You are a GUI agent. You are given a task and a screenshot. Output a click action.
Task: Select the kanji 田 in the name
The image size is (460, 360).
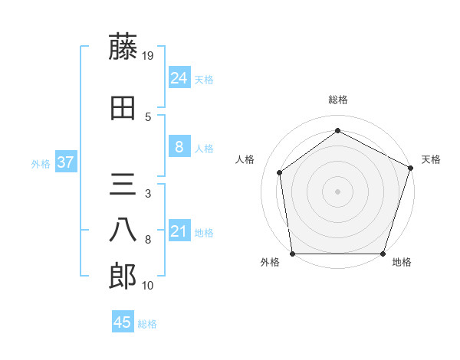(x=123, y=108)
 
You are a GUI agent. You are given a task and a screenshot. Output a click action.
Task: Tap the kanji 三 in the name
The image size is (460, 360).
(x=123, y=185)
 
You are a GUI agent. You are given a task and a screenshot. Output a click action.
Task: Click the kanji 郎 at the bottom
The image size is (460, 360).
(x=123, y=277)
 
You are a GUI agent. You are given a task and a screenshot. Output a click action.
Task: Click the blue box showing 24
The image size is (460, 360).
(x=179, y=77)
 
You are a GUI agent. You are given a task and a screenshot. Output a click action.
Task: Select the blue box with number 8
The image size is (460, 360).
(x=179, y=147)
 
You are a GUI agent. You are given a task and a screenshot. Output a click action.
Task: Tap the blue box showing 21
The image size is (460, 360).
(x=179, y=231)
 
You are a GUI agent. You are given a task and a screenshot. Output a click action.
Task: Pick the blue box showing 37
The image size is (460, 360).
(x=66, y=162)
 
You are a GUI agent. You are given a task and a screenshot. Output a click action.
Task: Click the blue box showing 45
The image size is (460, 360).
(x=123, y=322)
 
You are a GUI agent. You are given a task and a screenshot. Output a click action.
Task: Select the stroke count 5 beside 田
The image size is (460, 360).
(x=148, y=116)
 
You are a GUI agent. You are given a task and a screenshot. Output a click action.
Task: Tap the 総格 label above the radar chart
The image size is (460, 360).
(x=337, y=100)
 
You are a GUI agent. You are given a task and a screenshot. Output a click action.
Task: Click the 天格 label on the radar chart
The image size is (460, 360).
(x=431, y=159)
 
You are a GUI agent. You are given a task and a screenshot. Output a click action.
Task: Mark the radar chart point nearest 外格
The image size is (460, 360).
(x=292, y=254)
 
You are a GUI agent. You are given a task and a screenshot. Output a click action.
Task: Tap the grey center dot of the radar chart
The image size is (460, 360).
(x=337, y=191)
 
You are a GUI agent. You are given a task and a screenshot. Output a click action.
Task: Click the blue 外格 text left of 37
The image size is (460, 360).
(x=41, y=163)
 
